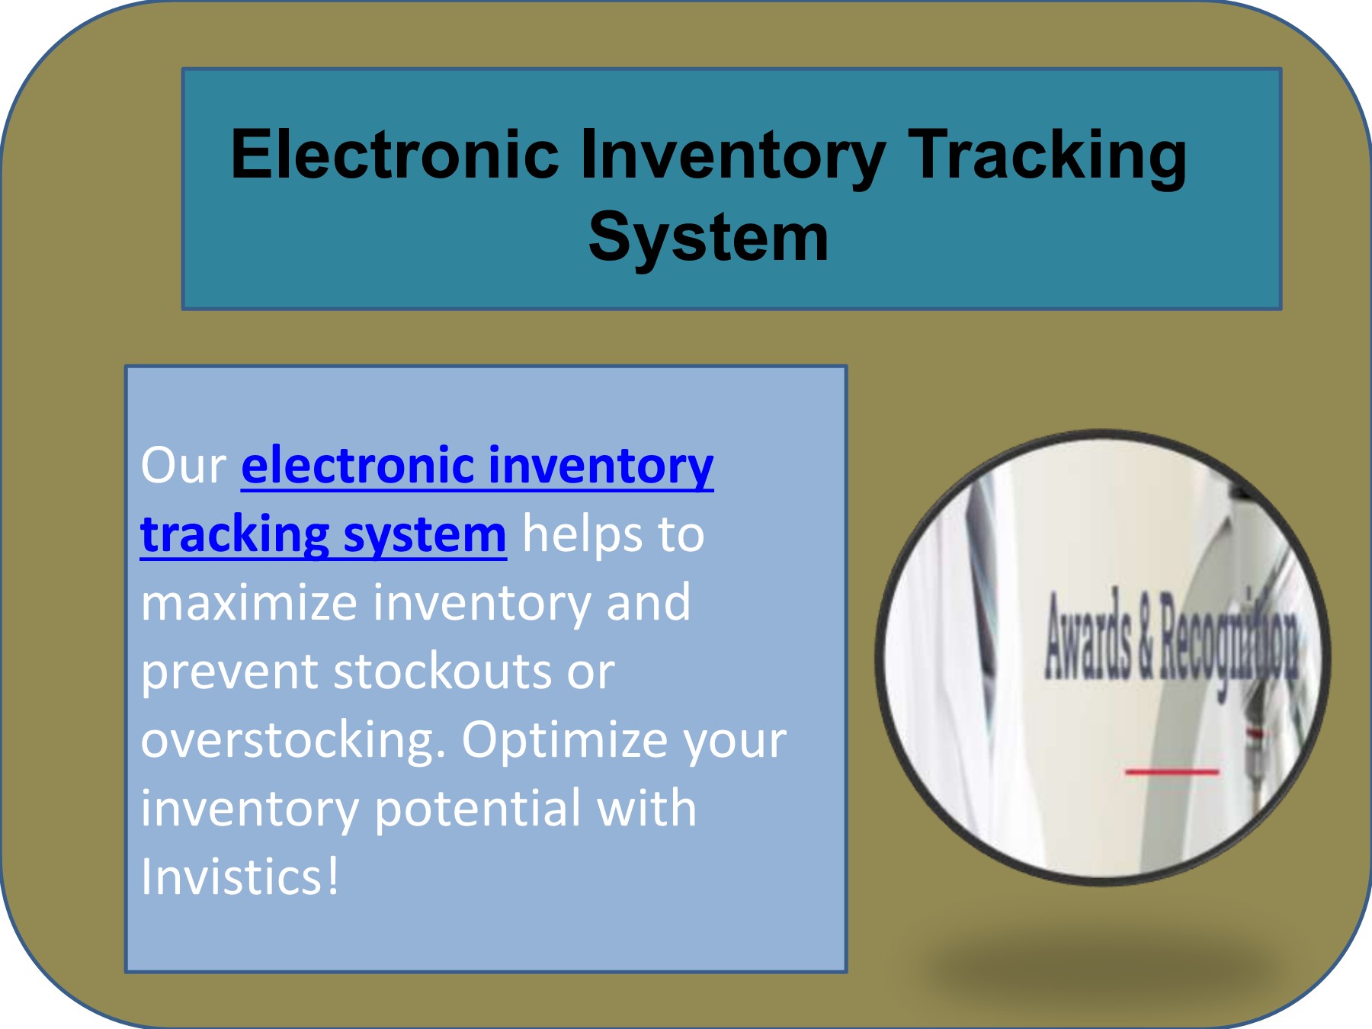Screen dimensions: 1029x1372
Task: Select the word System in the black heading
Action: tap(708, 238)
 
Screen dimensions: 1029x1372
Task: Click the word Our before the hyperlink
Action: tap(184, 465)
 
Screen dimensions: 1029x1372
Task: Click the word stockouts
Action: tap(442, 671)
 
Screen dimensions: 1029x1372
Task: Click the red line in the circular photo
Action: tap(1172, 772)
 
